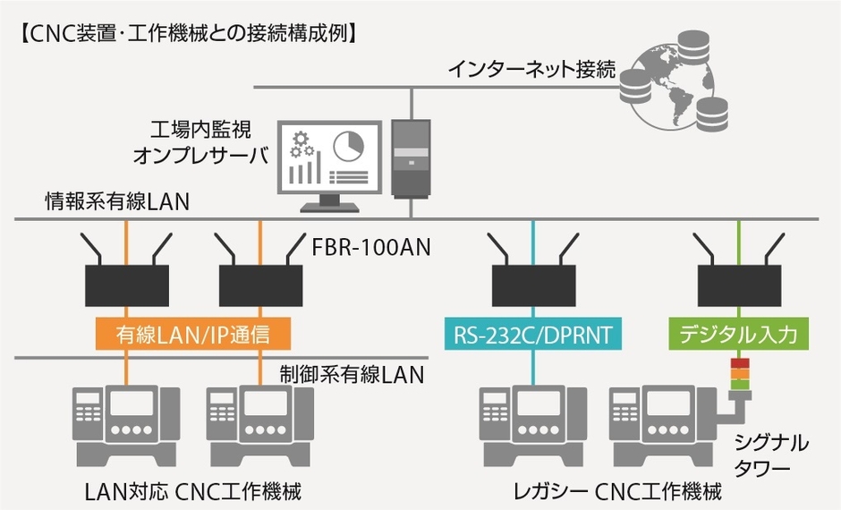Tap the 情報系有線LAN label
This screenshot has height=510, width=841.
[x=117, y=202]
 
